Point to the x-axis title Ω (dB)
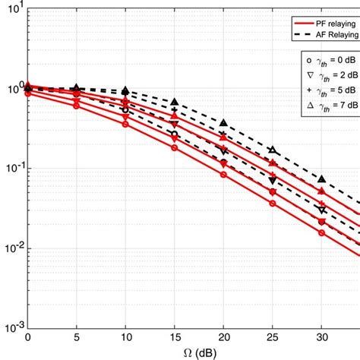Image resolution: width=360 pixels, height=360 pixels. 193,351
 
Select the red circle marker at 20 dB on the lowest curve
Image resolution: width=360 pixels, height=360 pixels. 223,175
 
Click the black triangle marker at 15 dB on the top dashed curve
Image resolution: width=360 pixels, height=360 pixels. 175,102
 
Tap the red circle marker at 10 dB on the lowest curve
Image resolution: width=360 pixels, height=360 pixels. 125,124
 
